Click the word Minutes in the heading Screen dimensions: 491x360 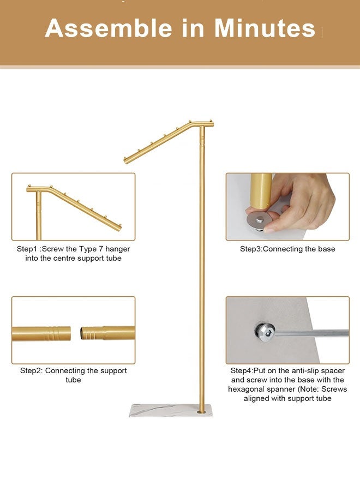pos(265,28)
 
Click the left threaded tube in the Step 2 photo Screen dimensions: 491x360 pos(41,332)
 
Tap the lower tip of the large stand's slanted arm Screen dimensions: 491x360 pos(127,160)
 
